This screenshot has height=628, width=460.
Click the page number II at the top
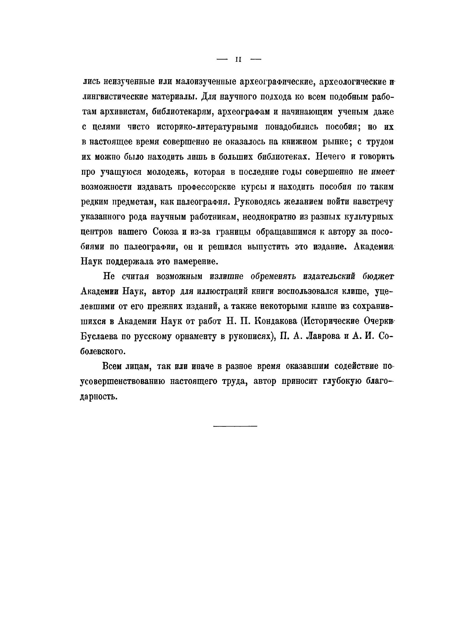pos(238,60)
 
